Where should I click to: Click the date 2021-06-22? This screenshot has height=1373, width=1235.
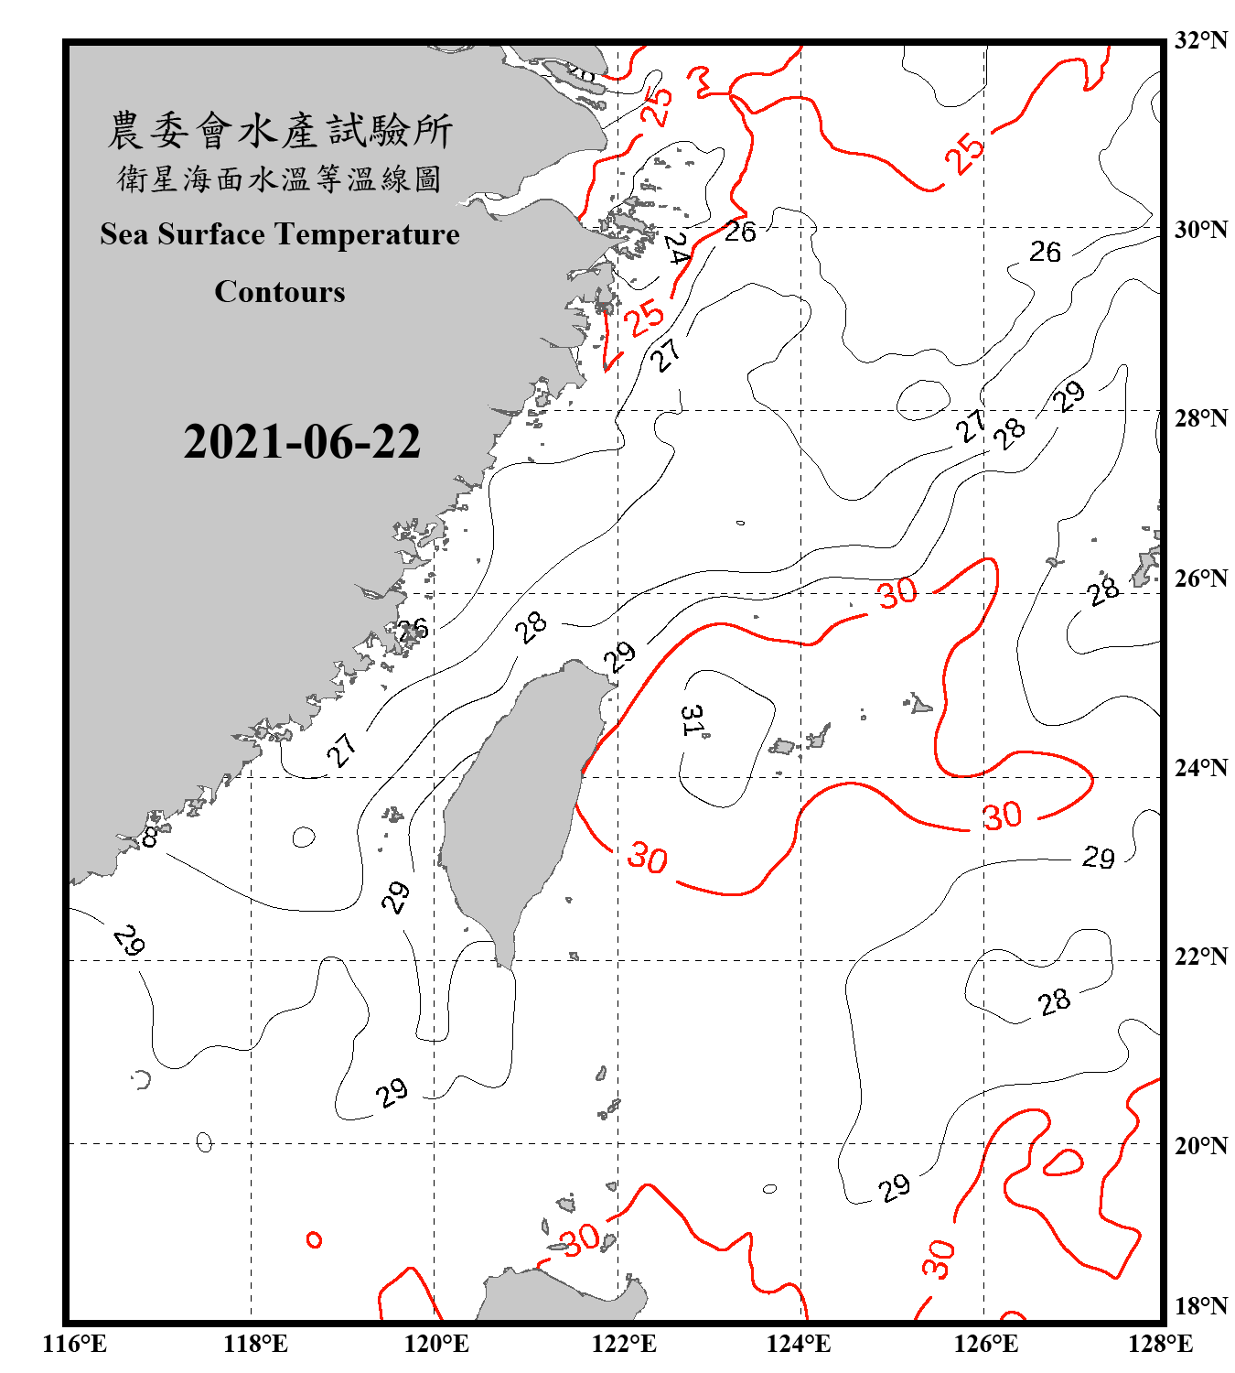[302, 441]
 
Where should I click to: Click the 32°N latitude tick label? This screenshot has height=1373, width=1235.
[1200, 40]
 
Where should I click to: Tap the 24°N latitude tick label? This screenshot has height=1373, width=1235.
[1200, 767]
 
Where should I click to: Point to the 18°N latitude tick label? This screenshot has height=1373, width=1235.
[1200, 1305]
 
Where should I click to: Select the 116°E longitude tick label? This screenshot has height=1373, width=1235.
[75, 1344]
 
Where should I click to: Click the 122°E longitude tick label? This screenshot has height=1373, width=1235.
[624, 1344]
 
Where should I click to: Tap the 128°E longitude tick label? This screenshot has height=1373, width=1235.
[1160, 1344]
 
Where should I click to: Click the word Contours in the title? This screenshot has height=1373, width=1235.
[280, 291]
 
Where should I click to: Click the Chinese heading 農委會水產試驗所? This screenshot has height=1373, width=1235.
[280, 130]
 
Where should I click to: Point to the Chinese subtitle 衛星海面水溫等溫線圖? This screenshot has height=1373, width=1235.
[280, 178]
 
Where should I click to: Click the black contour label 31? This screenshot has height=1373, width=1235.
[693, 720]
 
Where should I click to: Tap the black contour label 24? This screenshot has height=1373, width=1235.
[676, 247]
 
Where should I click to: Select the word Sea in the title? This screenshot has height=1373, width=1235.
[125, 234]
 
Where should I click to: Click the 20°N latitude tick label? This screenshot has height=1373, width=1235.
[1200, 1145]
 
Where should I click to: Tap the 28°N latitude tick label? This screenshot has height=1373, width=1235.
[1200, 418]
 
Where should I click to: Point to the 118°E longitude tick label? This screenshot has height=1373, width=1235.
[255, 1344]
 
